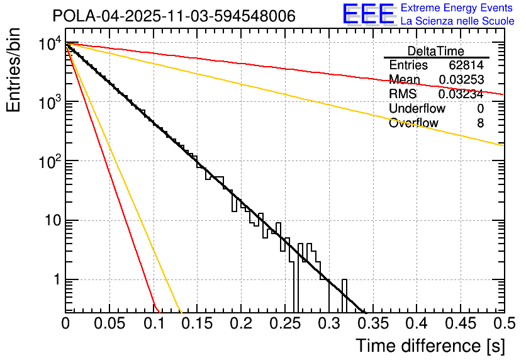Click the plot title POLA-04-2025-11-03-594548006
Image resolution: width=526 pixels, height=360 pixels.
(x=174, y=16)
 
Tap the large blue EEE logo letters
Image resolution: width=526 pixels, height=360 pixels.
(x=368, y=14)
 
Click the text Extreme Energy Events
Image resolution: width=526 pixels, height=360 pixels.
(x=457, y=8)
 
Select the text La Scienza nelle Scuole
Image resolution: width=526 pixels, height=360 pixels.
(x=457, y=21)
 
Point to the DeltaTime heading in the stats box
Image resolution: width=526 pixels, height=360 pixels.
(x=436, y=51)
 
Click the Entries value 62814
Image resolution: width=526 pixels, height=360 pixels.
(x=466, y=65)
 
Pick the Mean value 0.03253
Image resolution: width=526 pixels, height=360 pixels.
(x=461, y=80)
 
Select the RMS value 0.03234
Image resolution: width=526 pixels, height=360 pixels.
(x=461, y=94)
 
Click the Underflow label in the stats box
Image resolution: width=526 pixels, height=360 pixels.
(x=416, y=109)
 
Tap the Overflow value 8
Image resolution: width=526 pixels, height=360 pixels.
(x=480, y=123)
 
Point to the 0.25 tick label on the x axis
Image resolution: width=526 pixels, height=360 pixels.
(x=284, y=323)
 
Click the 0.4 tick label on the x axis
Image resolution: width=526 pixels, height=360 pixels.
(x=416, y=323)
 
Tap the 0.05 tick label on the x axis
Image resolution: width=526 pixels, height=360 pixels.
(x=109, y=323)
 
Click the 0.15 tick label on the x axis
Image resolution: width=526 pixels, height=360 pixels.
(x=196, y=323)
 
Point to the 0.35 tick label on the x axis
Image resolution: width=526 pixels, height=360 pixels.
(x=371, y=323)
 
